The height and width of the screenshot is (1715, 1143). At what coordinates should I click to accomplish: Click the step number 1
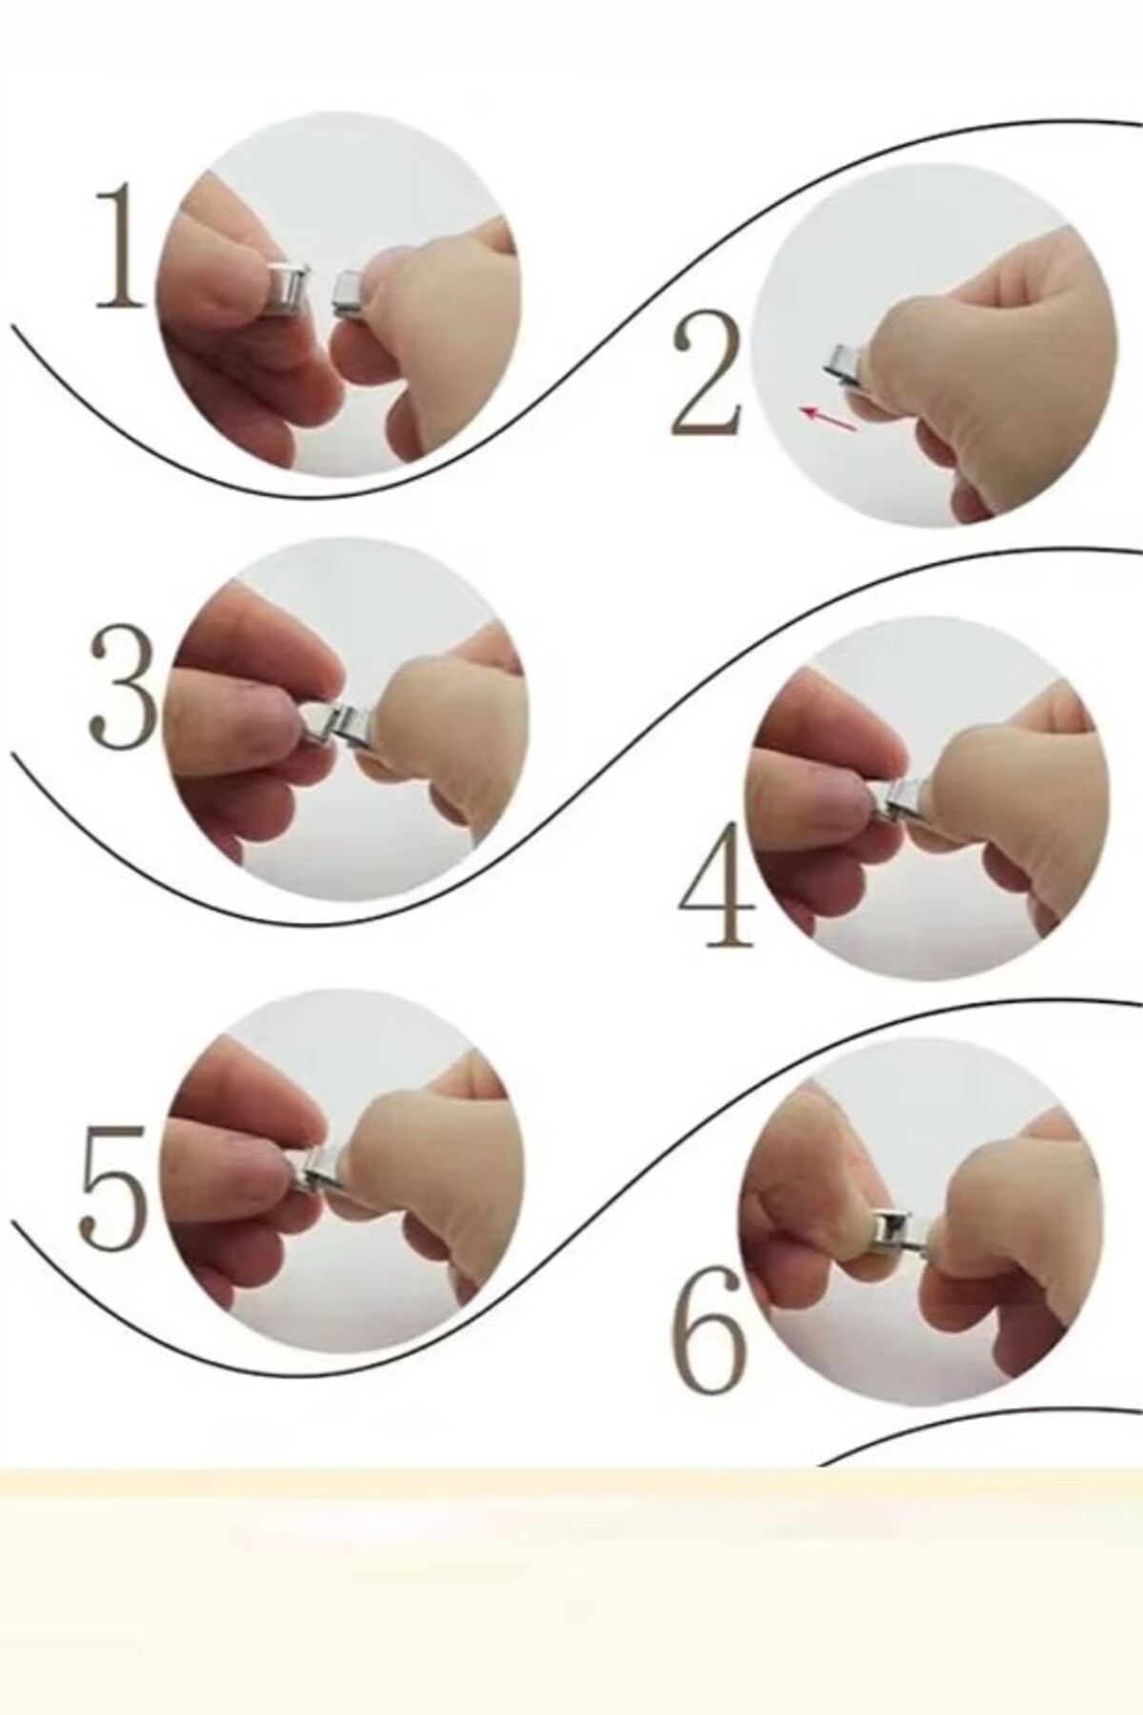coord(122,250)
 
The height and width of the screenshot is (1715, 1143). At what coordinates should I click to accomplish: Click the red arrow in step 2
coord(830,419)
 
